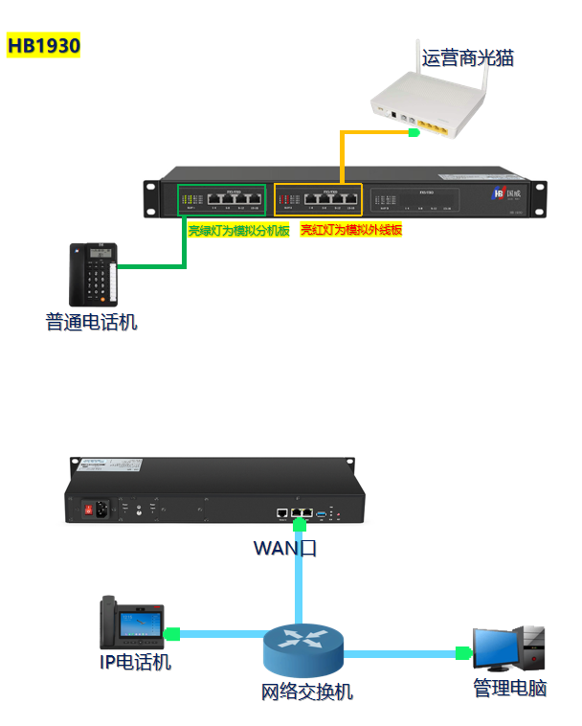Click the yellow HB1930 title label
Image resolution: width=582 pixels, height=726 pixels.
tap(43, 46)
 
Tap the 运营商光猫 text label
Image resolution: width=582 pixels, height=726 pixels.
tap(468, 58)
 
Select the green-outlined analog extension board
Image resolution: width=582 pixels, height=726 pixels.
tap(220, 199)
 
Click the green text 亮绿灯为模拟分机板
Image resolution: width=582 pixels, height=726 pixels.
tap(237, 231)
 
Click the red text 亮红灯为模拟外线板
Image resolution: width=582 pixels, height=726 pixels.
tap(350, 231)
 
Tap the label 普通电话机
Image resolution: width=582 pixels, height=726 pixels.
tap(91, 323)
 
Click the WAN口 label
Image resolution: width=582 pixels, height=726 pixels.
tap(285, 548)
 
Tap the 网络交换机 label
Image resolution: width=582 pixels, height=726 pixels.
tap(306, 691)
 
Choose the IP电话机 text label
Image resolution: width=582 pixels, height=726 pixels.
tap(136, 662)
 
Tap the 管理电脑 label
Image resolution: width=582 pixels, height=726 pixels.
tap(509, 688)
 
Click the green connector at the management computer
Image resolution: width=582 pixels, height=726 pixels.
tap(463, 653)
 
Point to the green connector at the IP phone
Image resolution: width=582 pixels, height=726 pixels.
tap(173, 633)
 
